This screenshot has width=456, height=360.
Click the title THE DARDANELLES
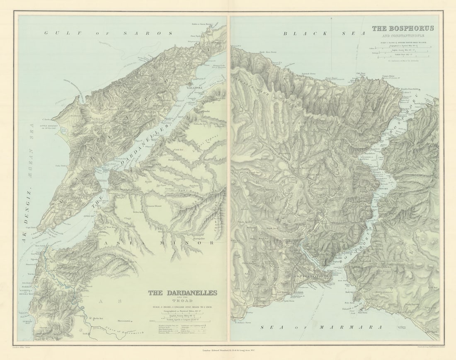click(x=183, y=293)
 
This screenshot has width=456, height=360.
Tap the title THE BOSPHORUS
click(x=403, y=28)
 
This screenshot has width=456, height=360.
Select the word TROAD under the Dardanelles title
click(x=183, y=301)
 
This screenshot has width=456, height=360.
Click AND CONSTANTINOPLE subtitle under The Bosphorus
click(x=403, y=35)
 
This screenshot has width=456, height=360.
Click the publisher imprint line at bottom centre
click(x=228, y=350)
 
